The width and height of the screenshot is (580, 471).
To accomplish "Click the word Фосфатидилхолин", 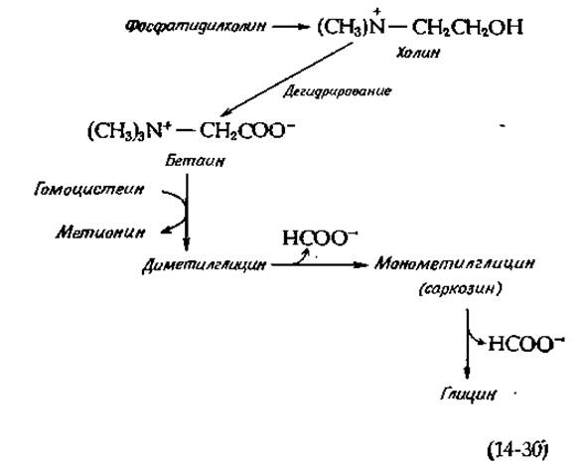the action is [x=196, y=27].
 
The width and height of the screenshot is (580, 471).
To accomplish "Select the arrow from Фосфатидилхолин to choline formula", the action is [x=291, y=27].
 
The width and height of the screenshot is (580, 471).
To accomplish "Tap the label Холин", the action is [x=418, y=53].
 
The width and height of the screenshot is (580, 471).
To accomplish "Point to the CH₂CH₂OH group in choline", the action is [x=467, y=28].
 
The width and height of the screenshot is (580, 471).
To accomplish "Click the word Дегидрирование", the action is [x=337, y=91].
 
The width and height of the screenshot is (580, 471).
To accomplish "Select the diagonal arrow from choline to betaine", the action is [x=287, y=79].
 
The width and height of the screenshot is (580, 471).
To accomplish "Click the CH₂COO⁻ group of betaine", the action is [x=247, y=131].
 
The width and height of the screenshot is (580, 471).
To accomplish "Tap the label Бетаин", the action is [x=195, y=161].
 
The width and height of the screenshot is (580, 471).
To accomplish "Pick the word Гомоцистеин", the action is [x=88, y=190].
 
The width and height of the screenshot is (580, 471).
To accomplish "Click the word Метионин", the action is [x=100, y=233].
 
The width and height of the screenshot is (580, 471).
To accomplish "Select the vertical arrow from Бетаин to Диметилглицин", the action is [x=187, y=213].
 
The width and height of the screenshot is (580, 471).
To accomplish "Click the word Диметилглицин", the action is [x=204, y=265].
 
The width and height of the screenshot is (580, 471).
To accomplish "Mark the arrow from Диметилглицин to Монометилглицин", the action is [x=320, y=264].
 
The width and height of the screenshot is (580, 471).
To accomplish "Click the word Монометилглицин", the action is [x=455, y=264].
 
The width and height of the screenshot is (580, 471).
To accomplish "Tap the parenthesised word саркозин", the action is [x=461, y=289].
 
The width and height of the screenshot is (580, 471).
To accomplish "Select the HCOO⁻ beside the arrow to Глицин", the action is [x=526, y=344].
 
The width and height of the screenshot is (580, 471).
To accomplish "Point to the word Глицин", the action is [x=468, y=394].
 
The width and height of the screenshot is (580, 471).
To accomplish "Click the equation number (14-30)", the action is [x=516, y=451].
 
